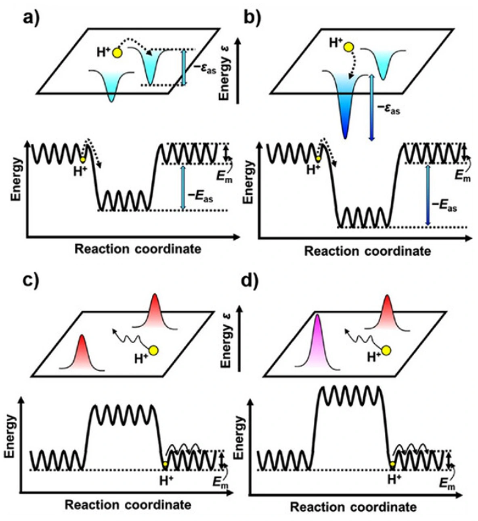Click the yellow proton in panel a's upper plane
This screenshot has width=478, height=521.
[x=117, y=53]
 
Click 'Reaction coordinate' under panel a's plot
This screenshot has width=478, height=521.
[x=138, y=249]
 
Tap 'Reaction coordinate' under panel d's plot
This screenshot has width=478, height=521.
[x=353, y=507]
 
